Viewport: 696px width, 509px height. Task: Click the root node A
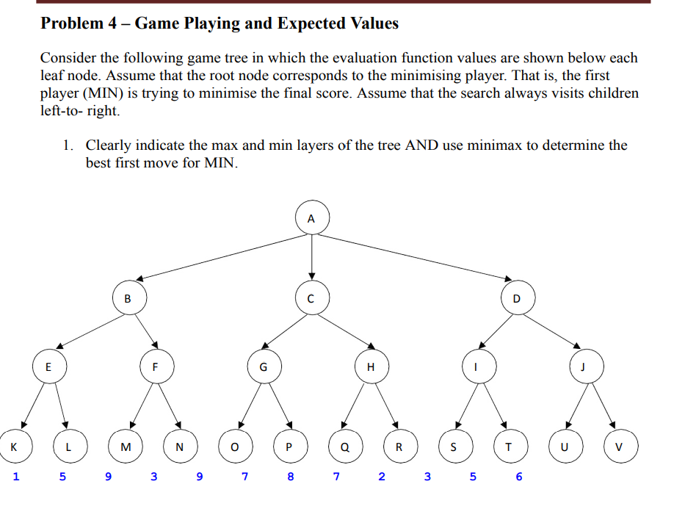point(311,218)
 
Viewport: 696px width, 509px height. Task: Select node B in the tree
point(128,298)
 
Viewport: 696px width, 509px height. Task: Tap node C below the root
point(311,298)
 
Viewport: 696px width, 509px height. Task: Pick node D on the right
point(516,298)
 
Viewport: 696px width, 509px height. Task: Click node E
point(48,367)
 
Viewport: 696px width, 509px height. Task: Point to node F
point(156,367)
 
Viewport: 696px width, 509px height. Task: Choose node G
point(263,367)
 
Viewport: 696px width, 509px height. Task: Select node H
point(371,367)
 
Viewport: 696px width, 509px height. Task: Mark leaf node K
point(15,445)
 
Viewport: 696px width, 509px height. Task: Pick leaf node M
point(125,446)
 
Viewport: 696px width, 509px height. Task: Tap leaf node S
point(453,446)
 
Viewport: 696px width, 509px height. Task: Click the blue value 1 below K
point(16,477)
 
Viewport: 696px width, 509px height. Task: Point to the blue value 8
point(291,477)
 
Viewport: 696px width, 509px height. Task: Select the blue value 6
point(519,477)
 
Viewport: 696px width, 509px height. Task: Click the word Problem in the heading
point(72,24)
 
